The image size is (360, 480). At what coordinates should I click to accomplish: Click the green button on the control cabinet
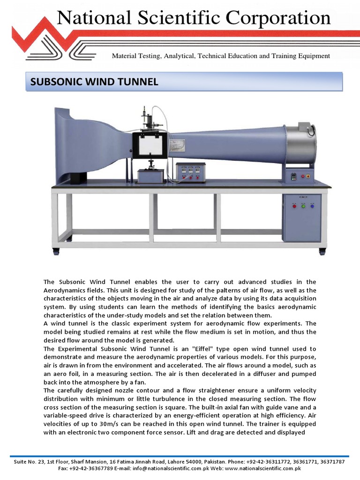pos(303,205)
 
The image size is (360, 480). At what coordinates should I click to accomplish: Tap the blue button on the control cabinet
pos(312,205)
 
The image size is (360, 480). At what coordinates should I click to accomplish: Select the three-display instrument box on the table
pos(190,172)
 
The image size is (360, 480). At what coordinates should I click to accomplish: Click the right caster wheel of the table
pos(322,252)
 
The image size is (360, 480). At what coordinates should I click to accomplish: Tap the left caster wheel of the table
pos(56,252)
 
